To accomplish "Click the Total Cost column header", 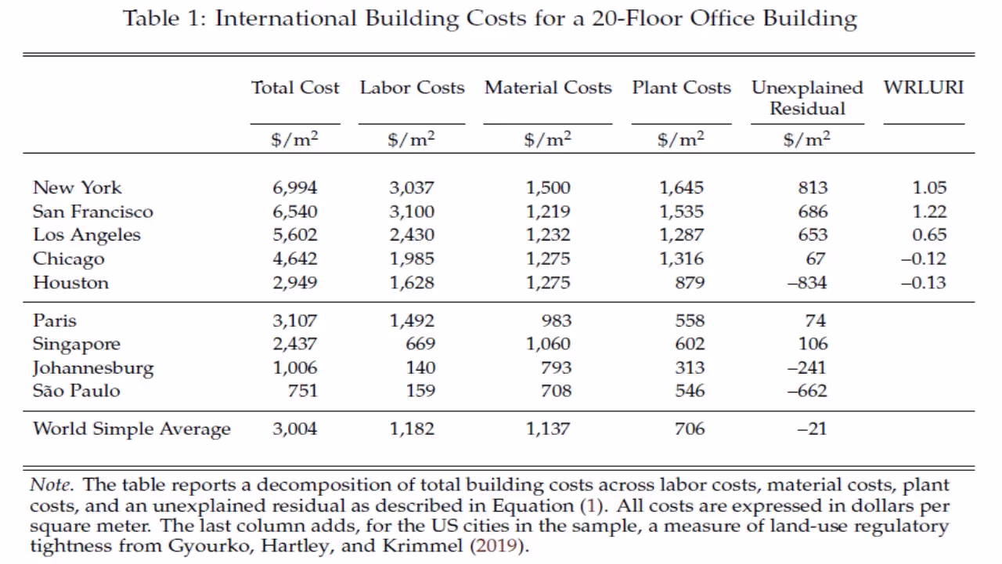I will (x=295, y=88).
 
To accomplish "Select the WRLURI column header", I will (x=924, y=88).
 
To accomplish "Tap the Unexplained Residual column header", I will (x=807, y=98).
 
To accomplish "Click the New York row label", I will (x=77, y=187).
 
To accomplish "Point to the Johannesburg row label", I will (x=93, y=367).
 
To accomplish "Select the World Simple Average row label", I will (x=132, y=428).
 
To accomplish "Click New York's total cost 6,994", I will (x=295, y=187).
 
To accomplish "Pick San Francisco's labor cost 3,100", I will (x=412, y=211).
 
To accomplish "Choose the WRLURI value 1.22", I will (x=929, y=211).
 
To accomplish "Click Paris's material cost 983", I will (x=557, y=320).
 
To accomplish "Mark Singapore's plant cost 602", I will (x=690, y=344).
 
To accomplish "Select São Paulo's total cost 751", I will (x=302, y=391).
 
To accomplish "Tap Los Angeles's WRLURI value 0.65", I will (x=929, y=235).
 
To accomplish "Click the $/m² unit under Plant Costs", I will (x=680, y=139).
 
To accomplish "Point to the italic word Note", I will (x=50, y=485).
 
